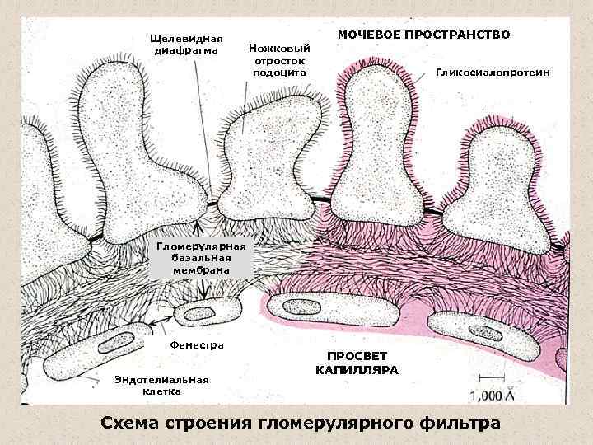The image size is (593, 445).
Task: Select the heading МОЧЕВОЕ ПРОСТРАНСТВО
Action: (424, 35)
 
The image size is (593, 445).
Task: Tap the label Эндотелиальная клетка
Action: (162, 385)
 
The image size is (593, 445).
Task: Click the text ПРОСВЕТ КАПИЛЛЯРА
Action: (357, 363)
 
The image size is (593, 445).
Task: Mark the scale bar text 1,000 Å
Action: (491, 396)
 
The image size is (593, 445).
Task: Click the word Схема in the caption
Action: (128, 424)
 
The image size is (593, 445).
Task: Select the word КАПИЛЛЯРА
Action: (357, 371)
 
